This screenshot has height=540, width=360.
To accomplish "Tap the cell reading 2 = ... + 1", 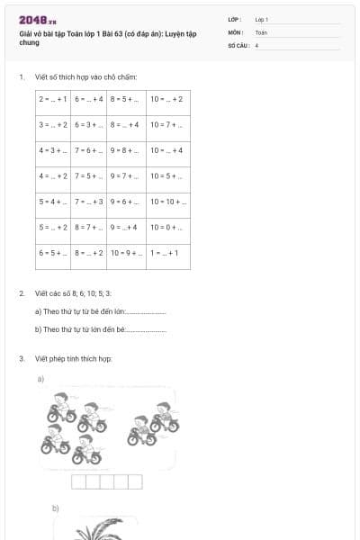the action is pyautogui.click(x=54, y=99).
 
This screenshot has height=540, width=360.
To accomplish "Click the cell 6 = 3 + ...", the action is pyautogui.click(x=90, y=125).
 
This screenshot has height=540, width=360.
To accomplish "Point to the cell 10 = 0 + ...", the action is pyautogui.click(x=168, y=229).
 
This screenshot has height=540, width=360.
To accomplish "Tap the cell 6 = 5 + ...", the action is pyautogui.click(x=54, y=254).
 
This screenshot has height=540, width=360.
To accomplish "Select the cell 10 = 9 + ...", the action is pyautogui.click(x=126, y=254).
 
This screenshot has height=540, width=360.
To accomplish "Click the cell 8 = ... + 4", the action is pyautogui.click(x=126, y=125).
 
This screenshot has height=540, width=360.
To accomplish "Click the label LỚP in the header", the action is pyautogui.click(x=236, y=19).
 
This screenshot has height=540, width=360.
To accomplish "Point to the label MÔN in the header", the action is pyautogui.click(x=236, y=31).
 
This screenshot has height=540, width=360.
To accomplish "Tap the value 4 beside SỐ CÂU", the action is pyautogui.click(x=257, y=43).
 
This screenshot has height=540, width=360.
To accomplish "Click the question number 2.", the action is pyautogui.click(x=22, y=294).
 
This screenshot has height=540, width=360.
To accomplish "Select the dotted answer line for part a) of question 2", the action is pyautogui.click(x=147, y=312).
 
